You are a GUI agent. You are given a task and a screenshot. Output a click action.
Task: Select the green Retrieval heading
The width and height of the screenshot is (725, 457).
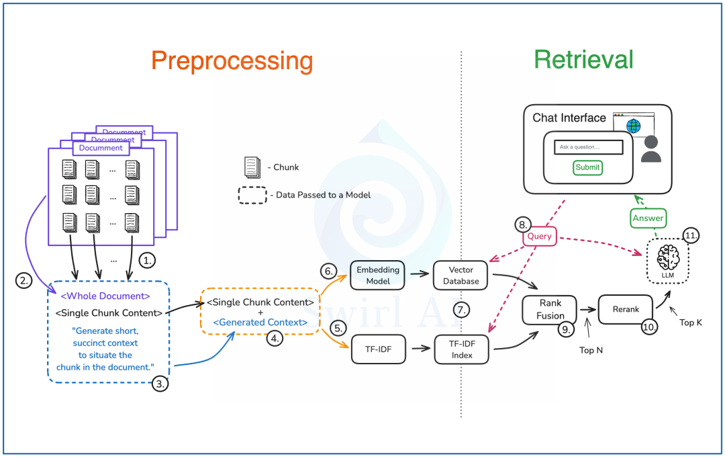tap(583, 59)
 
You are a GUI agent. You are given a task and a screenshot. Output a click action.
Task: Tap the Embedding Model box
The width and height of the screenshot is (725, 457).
tap(378, 276)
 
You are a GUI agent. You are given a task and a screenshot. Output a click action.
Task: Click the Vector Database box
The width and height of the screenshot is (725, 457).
tap(461, 276)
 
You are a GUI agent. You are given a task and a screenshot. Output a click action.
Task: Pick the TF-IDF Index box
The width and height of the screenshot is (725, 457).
tap(461, 349)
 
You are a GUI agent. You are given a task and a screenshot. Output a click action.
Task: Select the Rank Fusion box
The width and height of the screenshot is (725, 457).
tap(550, 310)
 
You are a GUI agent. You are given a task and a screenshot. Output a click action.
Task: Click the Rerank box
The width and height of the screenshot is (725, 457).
tap(626, 309)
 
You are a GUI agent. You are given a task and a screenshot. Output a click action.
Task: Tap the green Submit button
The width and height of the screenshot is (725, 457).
tap(587, 167)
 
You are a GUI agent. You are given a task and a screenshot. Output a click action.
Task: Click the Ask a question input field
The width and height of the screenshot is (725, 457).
tap(589, 147)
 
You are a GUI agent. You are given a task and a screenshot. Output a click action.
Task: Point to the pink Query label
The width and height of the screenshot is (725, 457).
tap(539, 236)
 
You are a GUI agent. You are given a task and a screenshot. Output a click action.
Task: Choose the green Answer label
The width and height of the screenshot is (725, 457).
tap(648, 218)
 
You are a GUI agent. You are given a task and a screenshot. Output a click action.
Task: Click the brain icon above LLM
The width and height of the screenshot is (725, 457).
tap(668, 257)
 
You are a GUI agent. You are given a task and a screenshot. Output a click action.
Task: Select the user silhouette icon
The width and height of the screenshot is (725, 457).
tap(651, 149)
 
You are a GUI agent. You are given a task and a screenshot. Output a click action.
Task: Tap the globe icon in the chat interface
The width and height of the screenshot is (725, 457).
tap(634, 126)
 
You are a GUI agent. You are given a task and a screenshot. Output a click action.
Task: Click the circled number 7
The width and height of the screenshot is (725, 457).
tap(461, 310)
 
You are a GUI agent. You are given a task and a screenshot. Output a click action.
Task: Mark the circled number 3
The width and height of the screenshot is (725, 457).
tap(160, 383)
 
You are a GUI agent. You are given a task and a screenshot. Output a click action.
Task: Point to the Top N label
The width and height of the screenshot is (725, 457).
tap(591, 350)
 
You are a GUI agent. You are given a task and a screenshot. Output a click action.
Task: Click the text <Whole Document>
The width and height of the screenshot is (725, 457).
tap(105, 296)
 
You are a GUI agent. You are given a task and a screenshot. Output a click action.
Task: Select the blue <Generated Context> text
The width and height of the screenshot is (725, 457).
tap(260, 323)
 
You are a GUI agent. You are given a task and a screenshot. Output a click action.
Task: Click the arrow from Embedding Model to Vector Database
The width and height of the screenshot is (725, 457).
tap(420, 274)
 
